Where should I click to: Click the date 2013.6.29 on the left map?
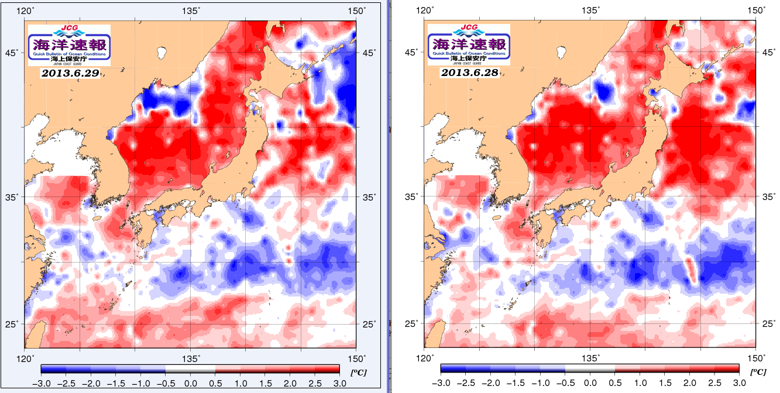point(70,73)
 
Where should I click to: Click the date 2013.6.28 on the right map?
point(469,73)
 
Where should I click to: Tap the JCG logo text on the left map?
point(69,27)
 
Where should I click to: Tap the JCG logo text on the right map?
point(469,27)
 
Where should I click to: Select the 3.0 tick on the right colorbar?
point(740,383)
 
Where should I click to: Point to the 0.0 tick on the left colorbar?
point(190,383)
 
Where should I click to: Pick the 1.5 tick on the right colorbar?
point(665,383)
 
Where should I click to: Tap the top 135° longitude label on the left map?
point(191,11)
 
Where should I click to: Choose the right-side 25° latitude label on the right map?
point(769,323)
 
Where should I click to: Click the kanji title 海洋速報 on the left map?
point(69,43)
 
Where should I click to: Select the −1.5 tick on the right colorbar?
point(516,383)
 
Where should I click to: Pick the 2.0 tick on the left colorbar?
point(290,383)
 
